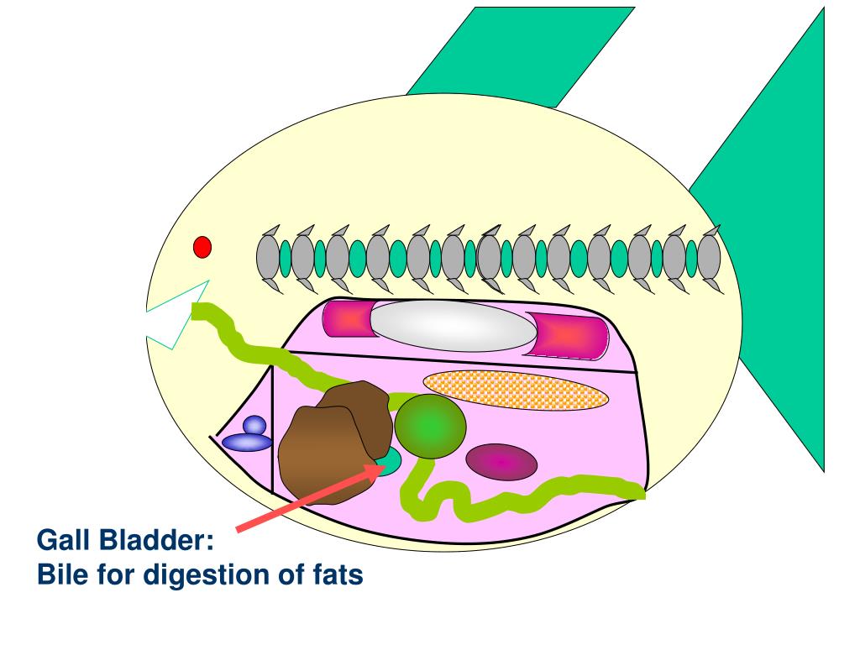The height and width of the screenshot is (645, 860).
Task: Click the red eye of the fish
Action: click(202, 247)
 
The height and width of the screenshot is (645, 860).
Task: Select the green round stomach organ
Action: click(430, 426)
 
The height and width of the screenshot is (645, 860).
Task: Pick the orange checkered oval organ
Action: click(516, 390)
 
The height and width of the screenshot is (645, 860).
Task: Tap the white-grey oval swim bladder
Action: click(454, 327)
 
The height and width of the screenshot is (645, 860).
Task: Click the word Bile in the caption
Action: click(61, 576)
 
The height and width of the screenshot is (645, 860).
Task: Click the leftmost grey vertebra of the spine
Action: click(267, 256)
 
